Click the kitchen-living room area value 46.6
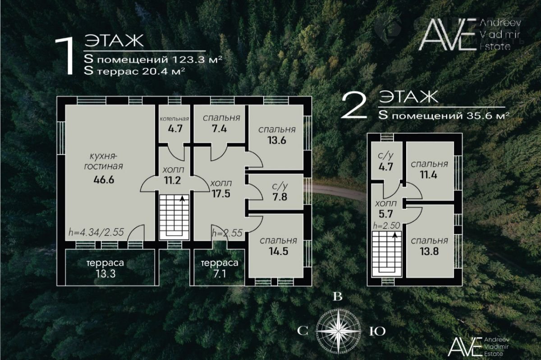point(104,180)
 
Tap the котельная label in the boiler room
point(174,119)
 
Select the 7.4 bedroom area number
point(219,129)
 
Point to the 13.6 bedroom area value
point(277,140)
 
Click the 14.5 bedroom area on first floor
point(279,251)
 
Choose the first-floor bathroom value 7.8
point(280,197)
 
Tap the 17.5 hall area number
point(221,194)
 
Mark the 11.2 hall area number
point(172,180)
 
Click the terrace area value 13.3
point(105,274)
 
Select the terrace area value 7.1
point(220,274)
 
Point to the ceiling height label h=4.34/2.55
point(96,232)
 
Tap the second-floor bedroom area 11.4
point(428,175)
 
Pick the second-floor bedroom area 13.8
point(429,252)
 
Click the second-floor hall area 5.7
point(386,213)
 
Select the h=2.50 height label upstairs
point(386,226)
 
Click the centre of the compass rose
point(339,331)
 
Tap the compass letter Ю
point(377,332)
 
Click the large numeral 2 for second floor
point(353,107)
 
